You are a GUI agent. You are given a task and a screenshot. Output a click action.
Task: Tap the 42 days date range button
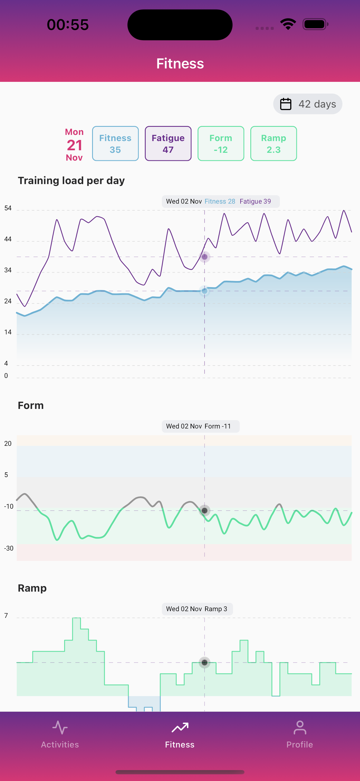pyautogui.click(x=308, y=104)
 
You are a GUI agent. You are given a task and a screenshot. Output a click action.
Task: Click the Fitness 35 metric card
pyautogui.click(x=115, y=143)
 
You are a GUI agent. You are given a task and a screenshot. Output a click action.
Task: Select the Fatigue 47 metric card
pyautogui.click(x=168, y=143)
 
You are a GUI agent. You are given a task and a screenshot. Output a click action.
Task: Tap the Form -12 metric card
pyautogui.click(x=221, y=143)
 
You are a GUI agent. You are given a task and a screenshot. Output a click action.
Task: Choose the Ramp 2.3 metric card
pyautogui.click(x=273, y=143)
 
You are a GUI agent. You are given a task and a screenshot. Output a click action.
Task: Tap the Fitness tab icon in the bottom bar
pyautogui.click(x=180, y=728)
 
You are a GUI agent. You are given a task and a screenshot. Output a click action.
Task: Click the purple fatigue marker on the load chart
pyautogui.click(x=205, y=257)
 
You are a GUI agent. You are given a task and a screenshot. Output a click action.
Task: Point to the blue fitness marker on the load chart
pyautogui.click(x=205, y=291)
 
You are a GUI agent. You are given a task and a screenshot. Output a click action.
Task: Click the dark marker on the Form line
pyautogui.click(x=205, y=511)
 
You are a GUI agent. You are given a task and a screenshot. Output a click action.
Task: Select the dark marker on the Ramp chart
pyautogui.click(x=205, y=663)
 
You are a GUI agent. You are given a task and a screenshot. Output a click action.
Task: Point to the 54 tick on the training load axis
pyautogui.click(x=8, y=208)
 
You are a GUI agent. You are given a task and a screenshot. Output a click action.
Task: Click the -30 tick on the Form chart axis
pyautogui.click(x=8, y=548)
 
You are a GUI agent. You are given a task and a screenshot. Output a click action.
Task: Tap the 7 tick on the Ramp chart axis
pyautogui.click(x=6, y=616)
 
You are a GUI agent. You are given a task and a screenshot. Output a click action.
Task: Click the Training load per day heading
pyautogui.click(x=71, y=181)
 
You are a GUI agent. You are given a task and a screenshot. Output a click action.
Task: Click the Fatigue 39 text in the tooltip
pyautogui.click(x=255, y=202)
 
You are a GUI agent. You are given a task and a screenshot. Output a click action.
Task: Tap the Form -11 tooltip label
pyautogui.click(x=218, y=426)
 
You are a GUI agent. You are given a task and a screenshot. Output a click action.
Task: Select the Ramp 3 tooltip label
pyautogui.click(x=216, y=609)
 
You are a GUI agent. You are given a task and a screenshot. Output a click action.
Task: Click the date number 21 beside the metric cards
pyautogui.click(x=75, y=145)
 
